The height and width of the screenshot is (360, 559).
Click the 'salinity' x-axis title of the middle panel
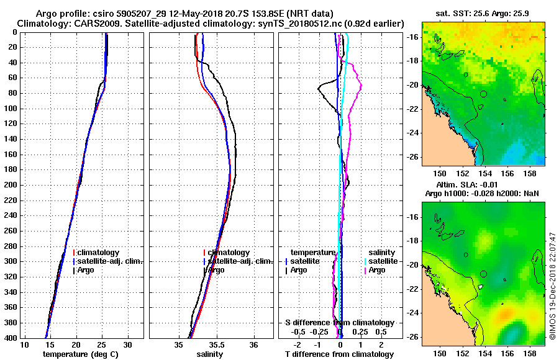(x=209, y=354)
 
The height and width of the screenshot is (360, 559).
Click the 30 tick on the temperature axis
(x=127, y=344)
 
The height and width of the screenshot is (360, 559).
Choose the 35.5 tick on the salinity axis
(x=216, y=344)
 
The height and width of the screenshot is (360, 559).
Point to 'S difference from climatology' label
(x=339, y=323)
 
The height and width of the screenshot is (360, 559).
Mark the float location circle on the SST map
(x=484, y=94)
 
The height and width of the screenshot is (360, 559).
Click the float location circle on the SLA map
(x=484, y=274)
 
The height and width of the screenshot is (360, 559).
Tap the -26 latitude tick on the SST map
(x=412, y=156)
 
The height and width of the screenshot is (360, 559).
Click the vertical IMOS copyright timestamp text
(x=552, y=286)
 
